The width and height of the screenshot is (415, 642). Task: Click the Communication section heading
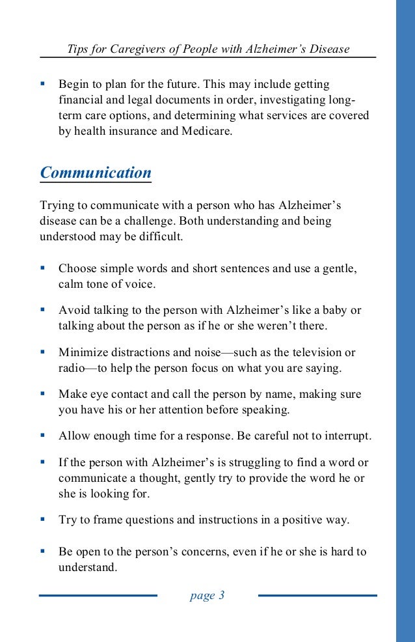(96, 173)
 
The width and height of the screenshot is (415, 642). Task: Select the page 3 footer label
(207, 595)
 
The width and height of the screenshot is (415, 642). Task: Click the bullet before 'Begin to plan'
(43, 84)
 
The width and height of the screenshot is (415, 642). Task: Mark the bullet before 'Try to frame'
(43, 519)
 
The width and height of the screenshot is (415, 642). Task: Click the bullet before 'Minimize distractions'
(43, 352)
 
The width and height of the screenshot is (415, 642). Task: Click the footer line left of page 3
(98, 595)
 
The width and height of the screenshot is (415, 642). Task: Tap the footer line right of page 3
(317, 595)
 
